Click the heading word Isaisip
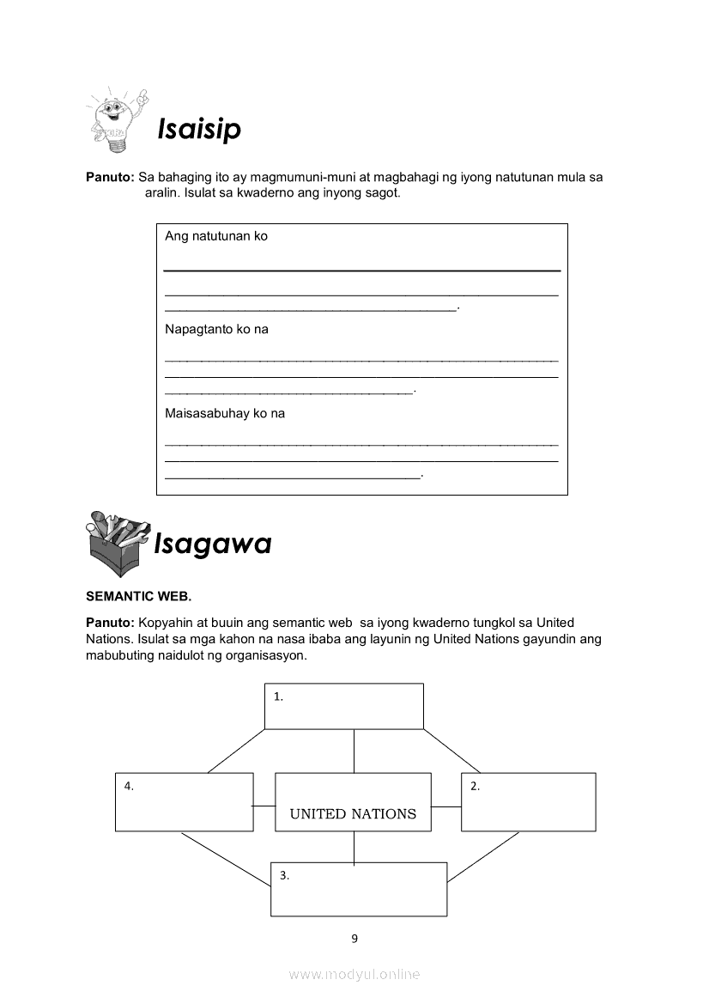(x=199, y=129)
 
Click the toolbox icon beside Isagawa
(x=118, y=543)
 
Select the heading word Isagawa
(x=212, y=543)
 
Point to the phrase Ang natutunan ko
(x=216, y=236)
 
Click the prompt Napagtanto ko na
(x=216, y=329)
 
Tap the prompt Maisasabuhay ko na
(x=225, y=413)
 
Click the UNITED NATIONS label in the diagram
(x=353, y=813)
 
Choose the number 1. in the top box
(x=278, y=697)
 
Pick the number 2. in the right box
(x=475, y=787)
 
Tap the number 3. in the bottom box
(x=284, y=876)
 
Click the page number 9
(x=354, y=939)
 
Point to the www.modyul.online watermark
(x=354, y=974)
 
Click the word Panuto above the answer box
(x=110, y=178)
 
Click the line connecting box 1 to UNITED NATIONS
(x=354, y=751)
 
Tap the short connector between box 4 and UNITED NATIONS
(x=264, y=806)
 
